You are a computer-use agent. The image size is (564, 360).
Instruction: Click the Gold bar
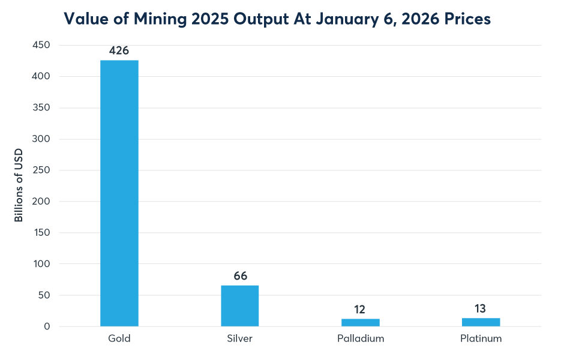pos(119,193)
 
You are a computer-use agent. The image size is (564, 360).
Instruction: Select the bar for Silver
pos(239,305)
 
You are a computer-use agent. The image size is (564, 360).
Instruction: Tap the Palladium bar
pos(361,322)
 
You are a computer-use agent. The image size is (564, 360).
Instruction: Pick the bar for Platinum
pos(481,322)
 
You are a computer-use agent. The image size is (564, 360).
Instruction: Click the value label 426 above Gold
pos(119,51)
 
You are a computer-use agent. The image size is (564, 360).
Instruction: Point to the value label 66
pos(239,276)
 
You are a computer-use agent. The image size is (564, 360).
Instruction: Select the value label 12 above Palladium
pos(361,310)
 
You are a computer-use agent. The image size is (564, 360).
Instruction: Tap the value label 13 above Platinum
pos(481,309)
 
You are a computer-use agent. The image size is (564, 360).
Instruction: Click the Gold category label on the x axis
pos(119,338)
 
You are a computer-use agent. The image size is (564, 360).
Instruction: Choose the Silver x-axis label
pos(239,338)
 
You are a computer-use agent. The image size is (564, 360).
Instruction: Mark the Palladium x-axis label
pos(361,338)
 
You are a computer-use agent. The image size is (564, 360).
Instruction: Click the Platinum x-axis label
pos(481,338)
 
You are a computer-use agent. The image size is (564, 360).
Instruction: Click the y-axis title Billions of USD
pos(19,186)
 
